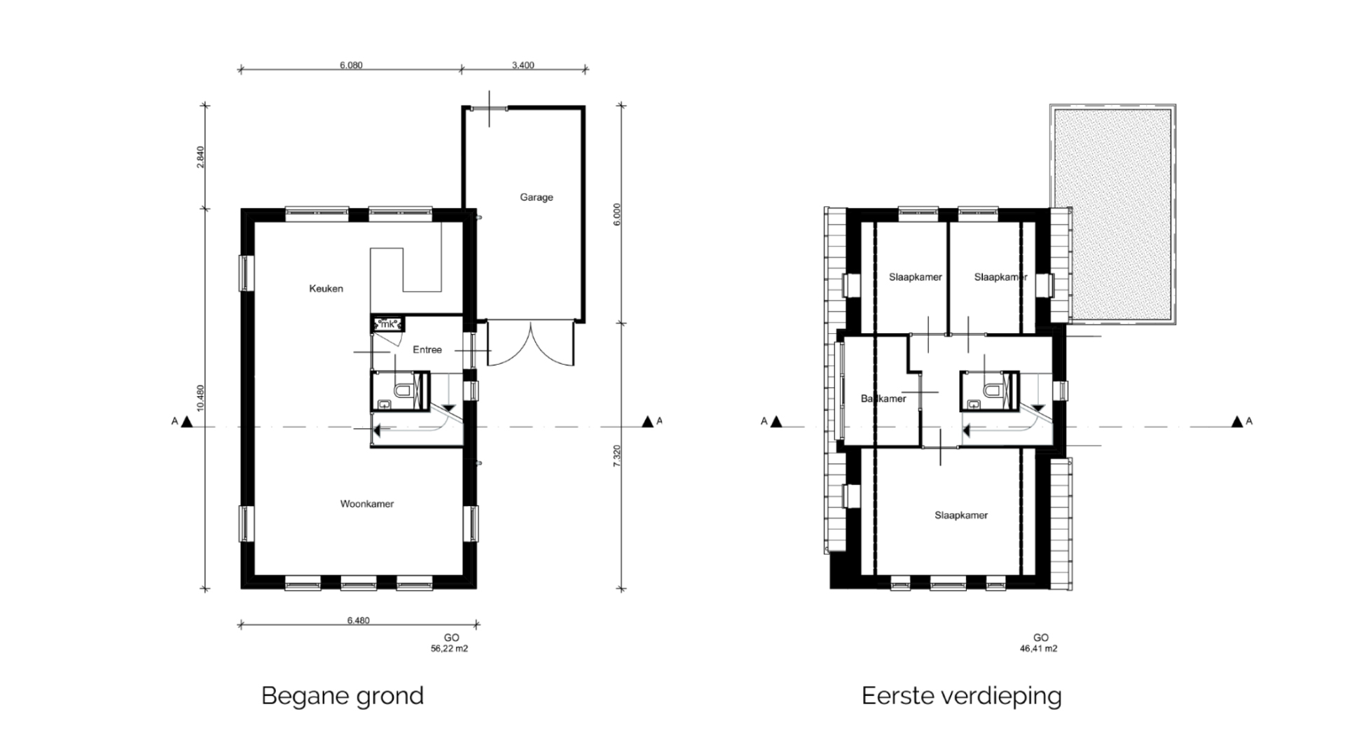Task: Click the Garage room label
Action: [x=537, y=197]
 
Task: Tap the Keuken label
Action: [x=326, y=288]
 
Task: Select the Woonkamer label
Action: [x=367, y=504]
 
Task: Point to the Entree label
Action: [x=427, y=350]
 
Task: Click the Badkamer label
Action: [x=883, y=399]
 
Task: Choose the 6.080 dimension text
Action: [x=352, y=65]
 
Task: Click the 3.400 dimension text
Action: [x=523, y=65]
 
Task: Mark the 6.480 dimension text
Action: [x=358, y=620]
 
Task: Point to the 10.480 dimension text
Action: [x=200, y=398]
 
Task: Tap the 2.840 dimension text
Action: [x=200, y=157]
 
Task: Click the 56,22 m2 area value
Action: [x=449, y=649]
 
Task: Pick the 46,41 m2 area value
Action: [x=1039, y=649]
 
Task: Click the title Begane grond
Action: [x=343, y=696]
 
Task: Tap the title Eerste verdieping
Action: [x=962, y=696]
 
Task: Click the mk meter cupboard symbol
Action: [x=387, y=324]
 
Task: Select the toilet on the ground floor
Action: [x=403, y=389]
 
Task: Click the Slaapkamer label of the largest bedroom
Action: [x=961, y=515]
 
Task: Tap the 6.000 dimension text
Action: [x=616, y=214]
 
